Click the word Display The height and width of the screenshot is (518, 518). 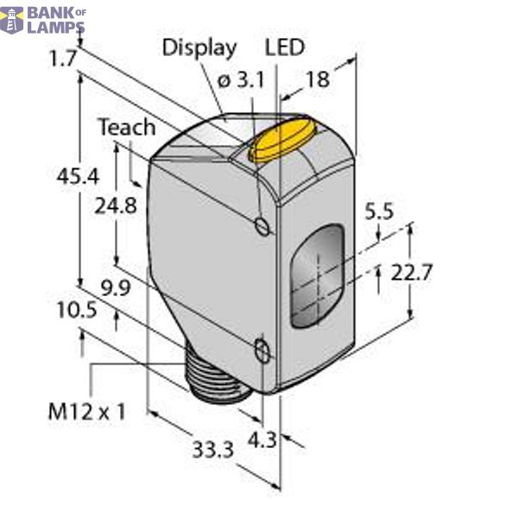point(199,47)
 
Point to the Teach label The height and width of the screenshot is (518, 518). point(126,128)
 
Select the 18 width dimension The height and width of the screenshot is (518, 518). point(318,79)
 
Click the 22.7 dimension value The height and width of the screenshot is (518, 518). point(412,273)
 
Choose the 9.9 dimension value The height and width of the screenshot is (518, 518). point(117,288)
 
